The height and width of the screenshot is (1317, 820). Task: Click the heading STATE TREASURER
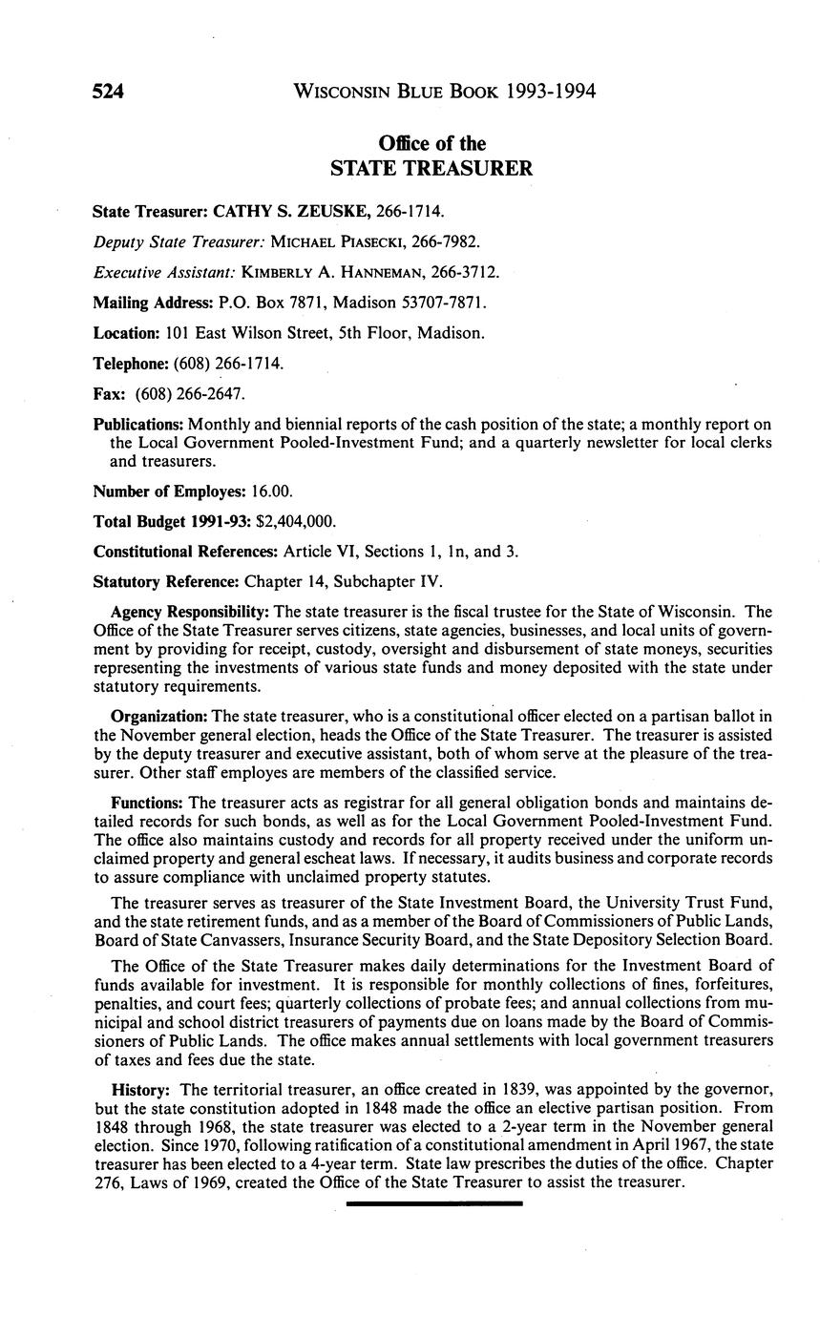(x=431, y=169)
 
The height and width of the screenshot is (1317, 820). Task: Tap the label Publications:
(x=138, y=424)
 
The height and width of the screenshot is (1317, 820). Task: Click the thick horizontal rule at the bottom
(x=434, y=1203)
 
